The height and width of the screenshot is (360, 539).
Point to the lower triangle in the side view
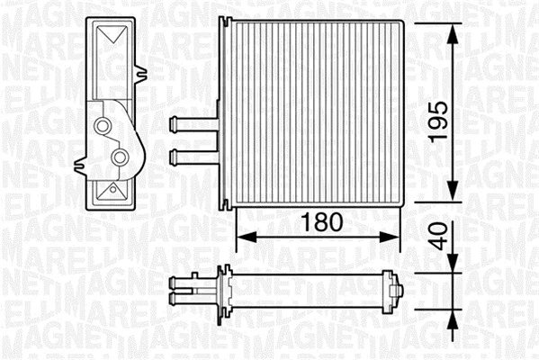pyautogui.click(x=112, y=191)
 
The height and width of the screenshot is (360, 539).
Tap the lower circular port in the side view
pyautogui.click(x=118, y=158)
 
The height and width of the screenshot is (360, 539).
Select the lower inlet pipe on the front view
pyautogui.click(x=191, y=155)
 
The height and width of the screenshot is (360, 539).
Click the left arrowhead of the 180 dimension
pyautogui.click(x=244, y=238)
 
